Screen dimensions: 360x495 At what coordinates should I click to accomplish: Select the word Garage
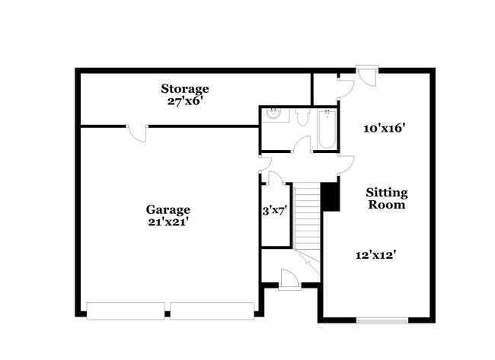(x=168, y=209)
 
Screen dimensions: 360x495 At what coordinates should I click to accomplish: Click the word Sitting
(x=388, y=193)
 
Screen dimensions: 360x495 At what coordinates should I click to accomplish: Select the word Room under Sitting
(x=388, y=205)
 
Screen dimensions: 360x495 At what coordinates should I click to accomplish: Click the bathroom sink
(x=273, y=116)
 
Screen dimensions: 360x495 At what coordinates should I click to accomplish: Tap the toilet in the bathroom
(x=302, y=116)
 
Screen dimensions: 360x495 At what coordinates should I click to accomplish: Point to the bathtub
(x=327, y=129)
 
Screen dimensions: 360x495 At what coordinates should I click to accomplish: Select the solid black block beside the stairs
(x=330, y=196)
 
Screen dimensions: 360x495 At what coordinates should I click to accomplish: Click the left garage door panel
(x=126, y=311)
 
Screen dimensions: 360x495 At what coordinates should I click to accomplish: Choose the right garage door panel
(x=212, y=311)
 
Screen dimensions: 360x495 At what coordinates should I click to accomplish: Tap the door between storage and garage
(x=137, y=132)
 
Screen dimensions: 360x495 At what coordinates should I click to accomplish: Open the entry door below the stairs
(x=290, y=279)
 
